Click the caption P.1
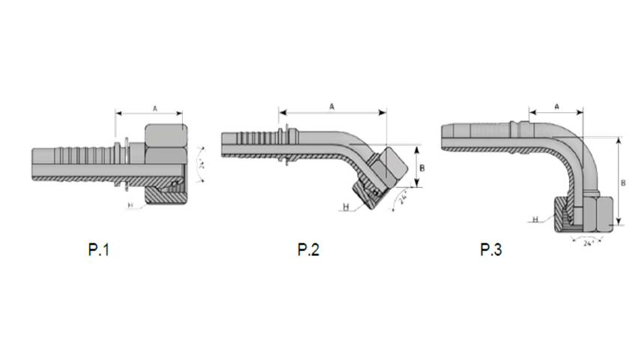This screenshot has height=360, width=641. [99, 250]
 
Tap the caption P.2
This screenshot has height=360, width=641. [309, 250]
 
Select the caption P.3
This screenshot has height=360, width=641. [491, 250]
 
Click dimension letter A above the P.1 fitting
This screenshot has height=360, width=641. [155, 109]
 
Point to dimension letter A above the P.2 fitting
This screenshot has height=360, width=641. [332, 106]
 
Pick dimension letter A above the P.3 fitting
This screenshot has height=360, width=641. [557, 106]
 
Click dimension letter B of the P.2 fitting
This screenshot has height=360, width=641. [422, 168]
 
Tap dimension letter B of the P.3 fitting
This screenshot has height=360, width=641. [624, 183]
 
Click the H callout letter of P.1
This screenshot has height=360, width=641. [131, 205]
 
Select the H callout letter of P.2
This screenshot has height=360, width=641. [346, 207]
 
